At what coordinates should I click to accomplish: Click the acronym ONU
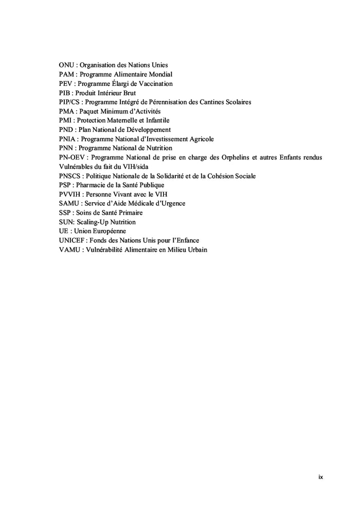pyautogui.click(x=66, y=65)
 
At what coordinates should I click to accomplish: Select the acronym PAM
pyautogui.click(x=66, y=74)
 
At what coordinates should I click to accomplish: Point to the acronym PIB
pyautogui.click(x=65, y=93)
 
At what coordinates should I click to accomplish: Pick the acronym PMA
pyautogui.click(x=67, y=111)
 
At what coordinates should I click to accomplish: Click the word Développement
pyautogui.click(x=147, y=130)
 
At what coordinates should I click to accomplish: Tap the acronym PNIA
pyautogui.click(x=68, y=139)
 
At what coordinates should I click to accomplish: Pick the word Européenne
pyautogui.click(x=104, y=232)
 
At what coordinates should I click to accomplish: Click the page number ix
pyautogui.click(x=320, y=478)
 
